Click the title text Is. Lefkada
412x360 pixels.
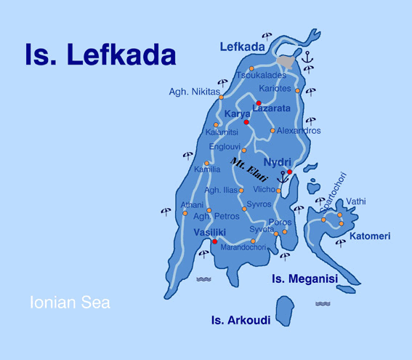pyautogui.click(x=100, y=55)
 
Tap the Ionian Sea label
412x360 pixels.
pyautogui.click(x=70, y=302)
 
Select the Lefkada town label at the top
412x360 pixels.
pyautogui.click(x=242, y=47)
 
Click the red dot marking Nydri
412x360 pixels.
pyautogui.click(x=289, y=172)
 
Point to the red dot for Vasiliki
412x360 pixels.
pyautogui.click(x=214, y=242)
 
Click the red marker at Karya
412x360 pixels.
pyautogui.click(x=246, y=122)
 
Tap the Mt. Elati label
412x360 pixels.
pyautogui.click(x=249, y=170)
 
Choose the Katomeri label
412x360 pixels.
pyautogui.click(x=369, y=236)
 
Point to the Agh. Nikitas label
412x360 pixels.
pyautogui.click(x=194, y=92)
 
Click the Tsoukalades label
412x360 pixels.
pyautogui.click(x=261, y=75)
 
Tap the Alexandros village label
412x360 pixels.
pyautogui.click(x=299, y=131)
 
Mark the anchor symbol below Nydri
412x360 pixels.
pyautogui.click(x=283, y=177)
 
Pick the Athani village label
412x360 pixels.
pyautogui.click(x=192, y=205)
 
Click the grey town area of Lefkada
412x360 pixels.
pyautogui.click(x=289, y=63)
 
